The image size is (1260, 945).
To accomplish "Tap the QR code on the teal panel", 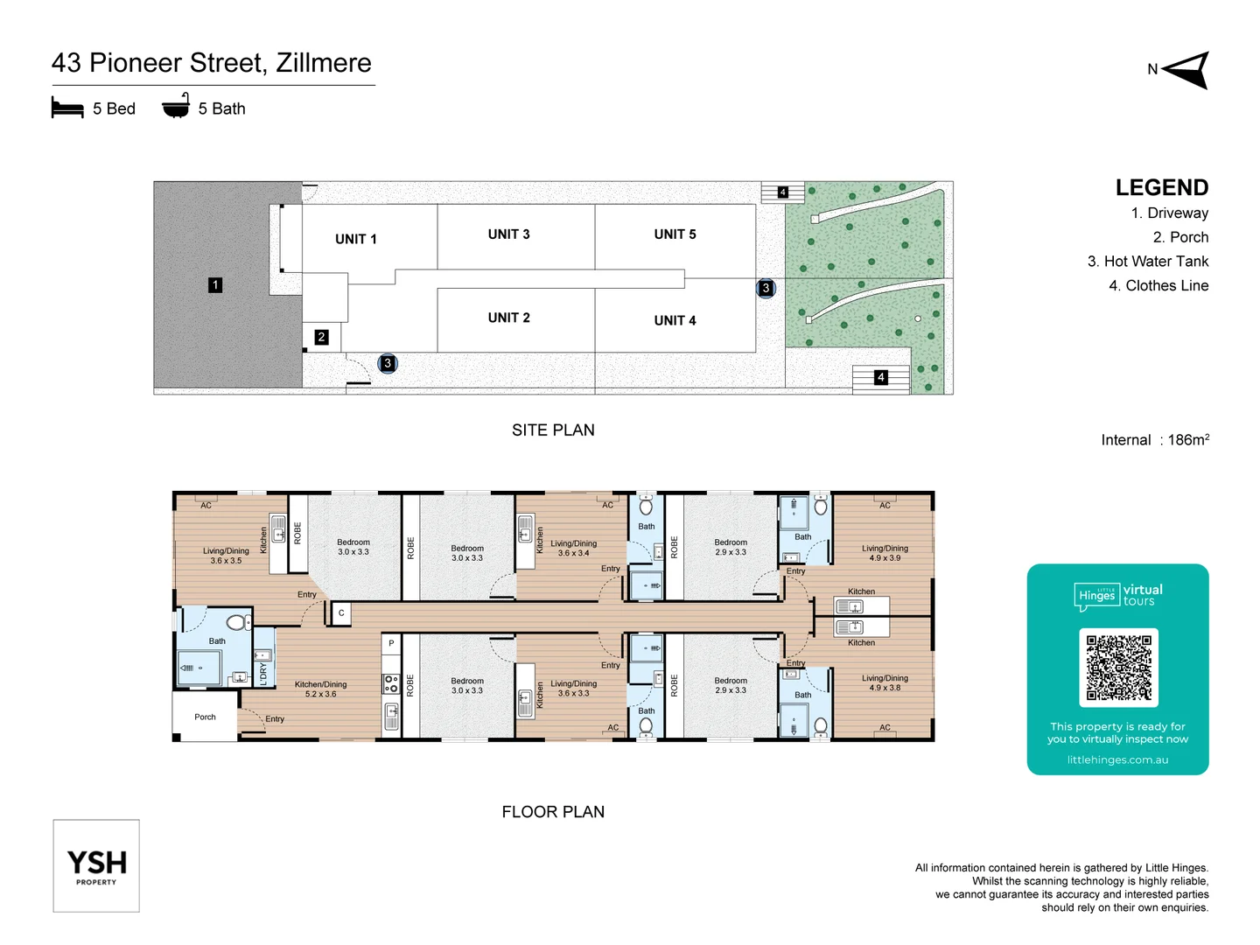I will (x=1118, y=667).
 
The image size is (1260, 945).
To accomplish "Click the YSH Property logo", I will (x=96, y=865).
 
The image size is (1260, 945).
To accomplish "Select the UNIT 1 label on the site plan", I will (x=355, y=239).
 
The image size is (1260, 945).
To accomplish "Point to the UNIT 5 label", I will (x=675, y=234).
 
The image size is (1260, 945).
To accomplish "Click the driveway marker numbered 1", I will (x=215, y=285).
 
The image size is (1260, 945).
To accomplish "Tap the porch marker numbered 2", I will (x=321, y=337).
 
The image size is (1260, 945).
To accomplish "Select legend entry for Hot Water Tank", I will (x=1147, y=262).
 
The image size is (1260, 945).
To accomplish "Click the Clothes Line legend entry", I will (x=1158, y=286).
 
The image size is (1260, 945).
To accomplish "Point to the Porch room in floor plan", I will (x=205, y=717).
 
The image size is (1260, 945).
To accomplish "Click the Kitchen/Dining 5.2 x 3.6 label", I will (x=320, y=689).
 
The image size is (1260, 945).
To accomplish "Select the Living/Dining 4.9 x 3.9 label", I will (x=885, y=553).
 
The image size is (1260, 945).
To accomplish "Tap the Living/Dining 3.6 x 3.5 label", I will (x=226, y=556).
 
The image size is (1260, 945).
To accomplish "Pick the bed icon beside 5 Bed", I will (x=67, y=108).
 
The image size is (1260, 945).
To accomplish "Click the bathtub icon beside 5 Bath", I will (x=176, y=107).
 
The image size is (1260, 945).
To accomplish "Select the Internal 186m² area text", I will (x=1154, y=440).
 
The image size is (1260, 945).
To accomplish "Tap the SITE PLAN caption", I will (x=553, y=430).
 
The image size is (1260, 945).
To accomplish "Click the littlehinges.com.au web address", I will (x=1117, y=759).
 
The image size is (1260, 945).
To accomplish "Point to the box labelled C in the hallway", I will (x=341, y=613).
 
